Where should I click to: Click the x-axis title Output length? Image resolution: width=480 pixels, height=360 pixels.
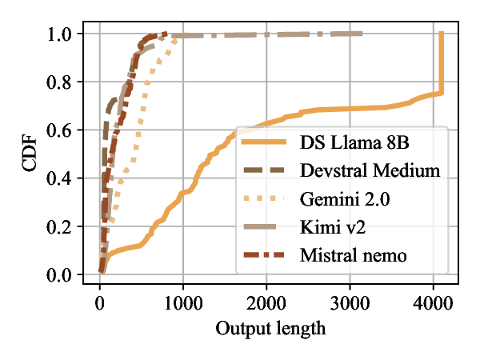tap(271, 328)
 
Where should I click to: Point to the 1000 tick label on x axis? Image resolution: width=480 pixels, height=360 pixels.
tap(183, 304)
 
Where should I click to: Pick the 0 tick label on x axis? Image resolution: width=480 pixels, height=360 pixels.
tap(100, 304)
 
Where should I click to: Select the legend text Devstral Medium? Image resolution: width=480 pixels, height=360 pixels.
tap(370, 170)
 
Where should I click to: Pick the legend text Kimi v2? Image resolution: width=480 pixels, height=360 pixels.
tap(334, 228)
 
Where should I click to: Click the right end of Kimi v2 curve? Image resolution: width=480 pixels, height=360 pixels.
tap(361, 34)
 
